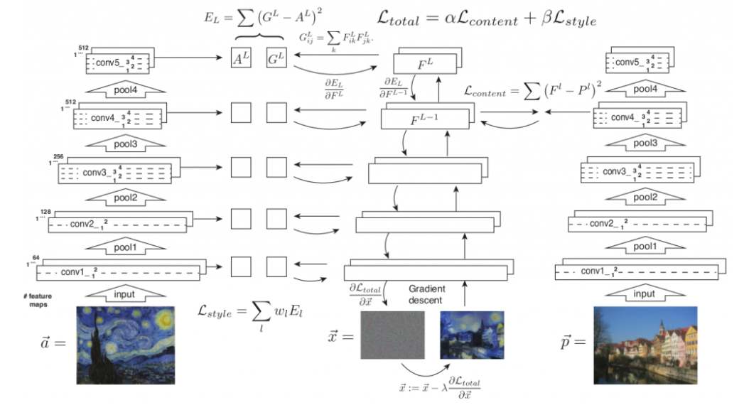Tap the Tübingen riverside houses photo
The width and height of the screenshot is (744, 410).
[645, 344]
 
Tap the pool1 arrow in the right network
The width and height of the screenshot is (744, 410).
[644, 246]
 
